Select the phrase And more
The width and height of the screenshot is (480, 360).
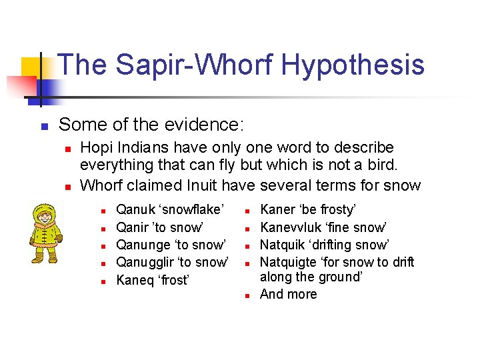[288, 295]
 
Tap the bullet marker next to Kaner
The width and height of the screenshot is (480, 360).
[246, 211]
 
